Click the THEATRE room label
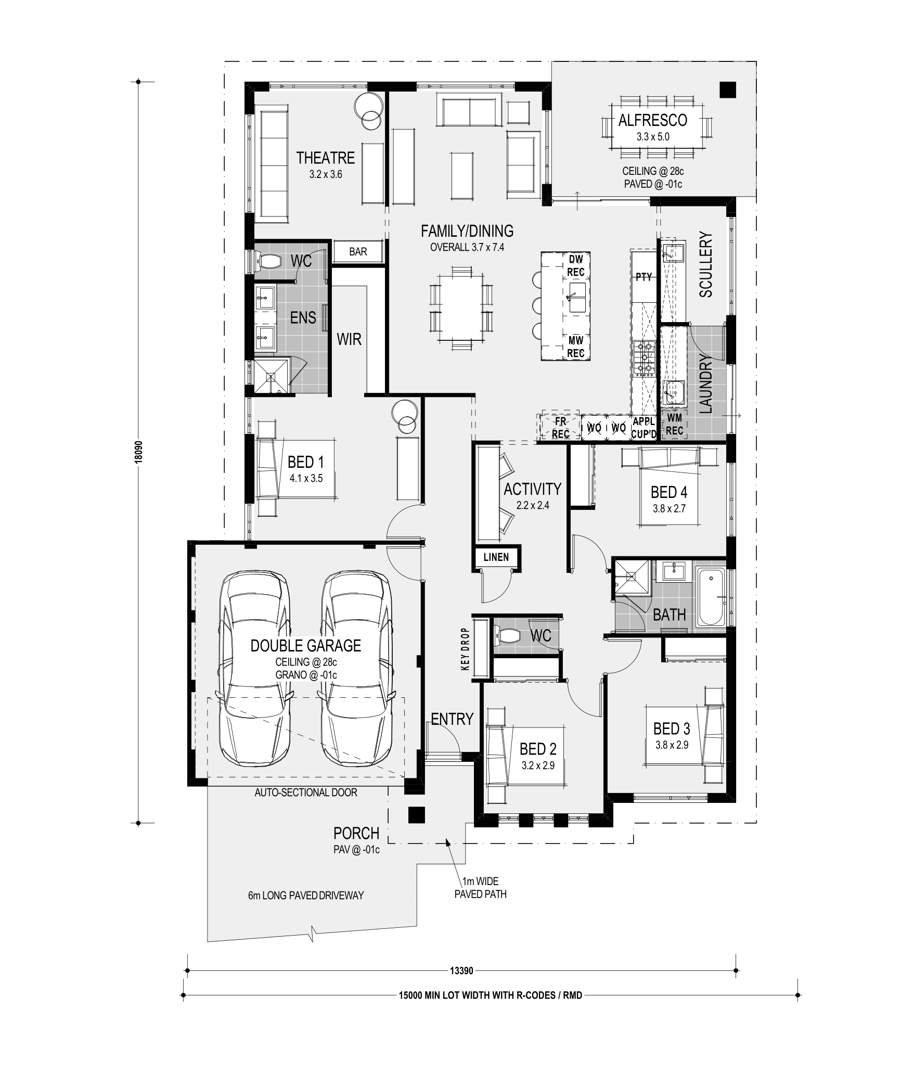tap(325, 158)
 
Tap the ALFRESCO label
tap(652, 120)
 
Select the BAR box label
tap(358, 252)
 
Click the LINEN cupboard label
tap(496, 557)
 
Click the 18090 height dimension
tap(138, 452)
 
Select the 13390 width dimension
tap(461, 971)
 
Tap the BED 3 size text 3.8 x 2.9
tap(672, 745)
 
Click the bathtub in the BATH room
tap(710, 597)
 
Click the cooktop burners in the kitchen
tap(642, 358)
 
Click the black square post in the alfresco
tap(728, 91)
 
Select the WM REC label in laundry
tap(674, 424)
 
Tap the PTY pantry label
tap(643, 277)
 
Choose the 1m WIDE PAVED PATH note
tap(480, 888)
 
